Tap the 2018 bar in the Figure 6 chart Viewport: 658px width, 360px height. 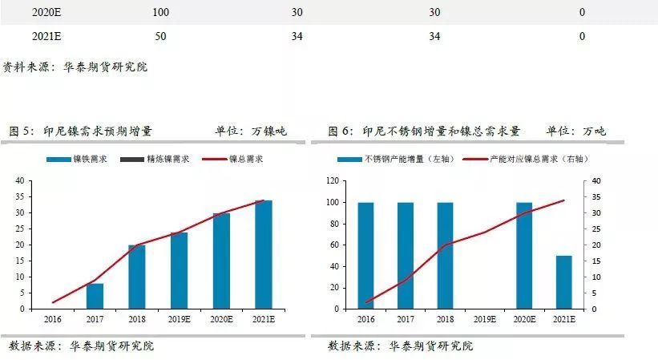pos(445,255)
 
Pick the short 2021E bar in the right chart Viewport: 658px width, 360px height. pos(563,282)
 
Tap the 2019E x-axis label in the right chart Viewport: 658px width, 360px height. pos(484,319)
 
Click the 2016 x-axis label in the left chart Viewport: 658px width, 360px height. pos(52,319)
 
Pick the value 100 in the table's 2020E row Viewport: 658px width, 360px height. pos(160,12)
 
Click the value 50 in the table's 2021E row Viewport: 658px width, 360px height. pos(160,36)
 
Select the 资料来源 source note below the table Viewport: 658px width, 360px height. pos(75,67)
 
